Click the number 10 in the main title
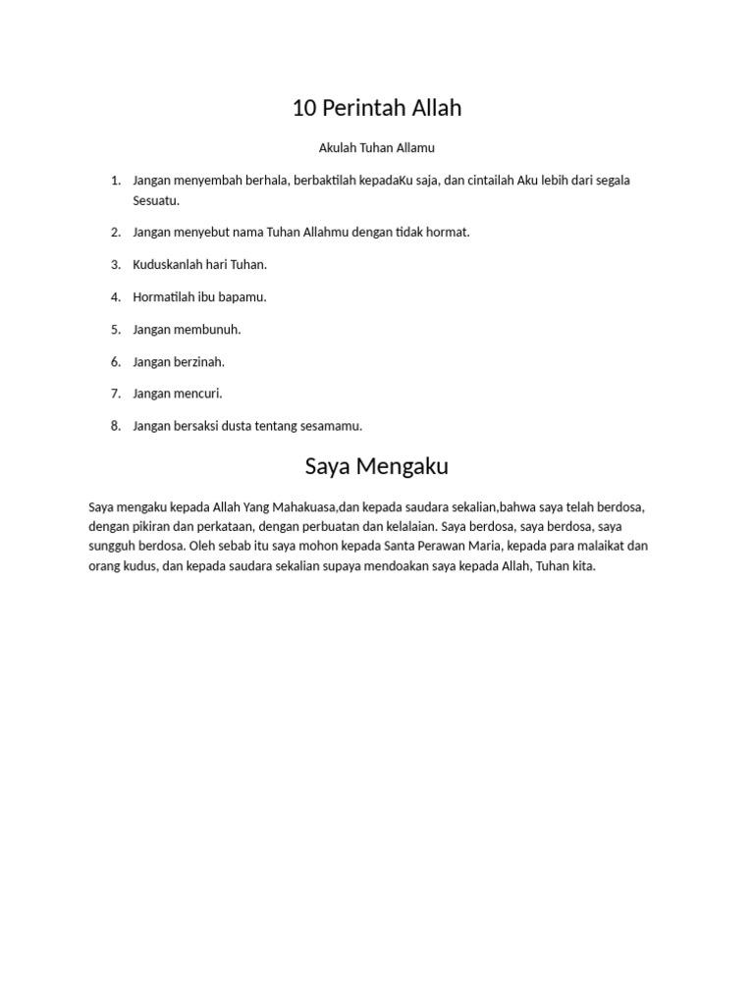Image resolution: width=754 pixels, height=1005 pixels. click(x=304, y=109)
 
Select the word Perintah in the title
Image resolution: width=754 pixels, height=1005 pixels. click(x=357, y=109)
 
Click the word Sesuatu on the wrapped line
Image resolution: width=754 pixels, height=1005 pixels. click(x=156, y=200)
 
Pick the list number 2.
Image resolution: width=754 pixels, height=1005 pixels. click(x=115, y=233)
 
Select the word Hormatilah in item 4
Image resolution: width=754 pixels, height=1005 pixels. click(x=163, y=297)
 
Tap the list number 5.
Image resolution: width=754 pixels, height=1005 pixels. click(x=115, y=330)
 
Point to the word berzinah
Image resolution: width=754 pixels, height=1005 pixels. click(x=201, y=362)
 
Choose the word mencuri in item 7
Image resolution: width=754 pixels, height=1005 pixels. click(x=200, y=394)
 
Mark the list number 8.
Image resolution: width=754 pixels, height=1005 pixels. click(x=115, y=426)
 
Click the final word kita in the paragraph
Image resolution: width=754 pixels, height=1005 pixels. click(x=583, y=566)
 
